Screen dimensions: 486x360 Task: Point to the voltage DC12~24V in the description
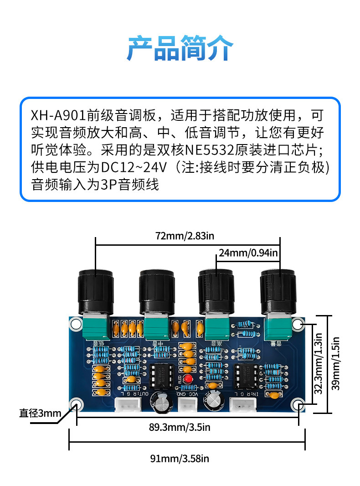point(133,167)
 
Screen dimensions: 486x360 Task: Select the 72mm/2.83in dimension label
point(185,236)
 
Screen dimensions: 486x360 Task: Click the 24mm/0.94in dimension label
point(248,252)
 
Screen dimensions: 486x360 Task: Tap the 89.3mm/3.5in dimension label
point(180,427)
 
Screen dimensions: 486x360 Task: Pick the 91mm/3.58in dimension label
point(180,458)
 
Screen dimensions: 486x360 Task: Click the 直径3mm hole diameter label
point(40,414)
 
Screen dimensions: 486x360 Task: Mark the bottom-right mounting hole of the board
point(298,405)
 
